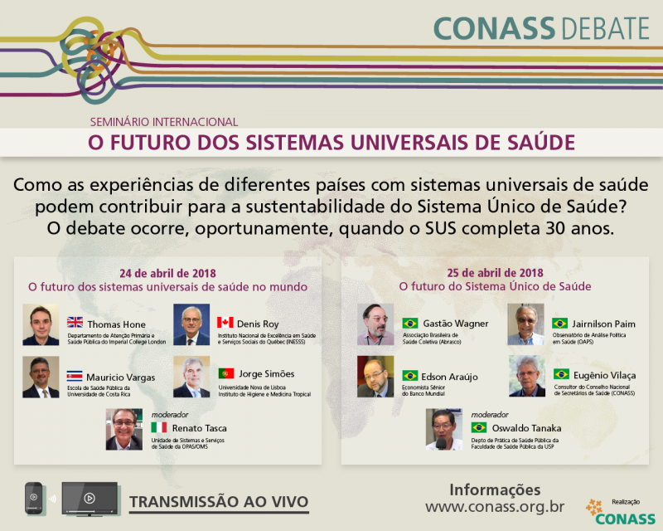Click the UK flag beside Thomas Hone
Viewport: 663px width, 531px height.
75,322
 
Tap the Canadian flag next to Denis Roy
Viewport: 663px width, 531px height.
225,322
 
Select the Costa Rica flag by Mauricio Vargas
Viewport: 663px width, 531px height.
75,376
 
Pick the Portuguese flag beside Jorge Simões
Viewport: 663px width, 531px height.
226,373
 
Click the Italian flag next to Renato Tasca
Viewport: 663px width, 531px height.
159,427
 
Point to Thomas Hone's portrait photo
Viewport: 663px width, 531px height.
41,324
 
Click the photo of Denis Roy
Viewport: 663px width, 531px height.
191,324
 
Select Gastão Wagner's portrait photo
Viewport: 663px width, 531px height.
375,324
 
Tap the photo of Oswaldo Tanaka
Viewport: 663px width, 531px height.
444,429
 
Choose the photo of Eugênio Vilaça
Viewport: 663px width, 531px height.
527,376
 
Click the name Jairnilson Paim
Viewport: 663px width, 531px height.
603,324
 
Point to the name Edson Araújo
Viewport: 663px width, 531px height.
449,377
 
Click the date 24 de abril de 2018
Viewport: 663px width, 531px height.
168,273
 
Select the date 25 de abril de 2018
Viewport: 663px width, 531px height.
495,273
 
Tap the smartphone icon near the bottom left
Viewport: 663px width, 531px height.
34,498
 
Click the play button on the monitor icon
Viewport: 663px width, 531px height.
90,498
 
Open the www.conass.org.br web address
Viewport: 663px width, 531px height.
495,506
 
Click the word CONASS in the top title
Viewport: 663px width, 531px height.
494,28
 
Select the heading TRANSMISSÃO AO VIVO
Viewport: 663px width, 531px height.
219,502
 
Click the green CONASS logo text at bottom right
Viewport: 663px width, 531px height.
626,519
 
